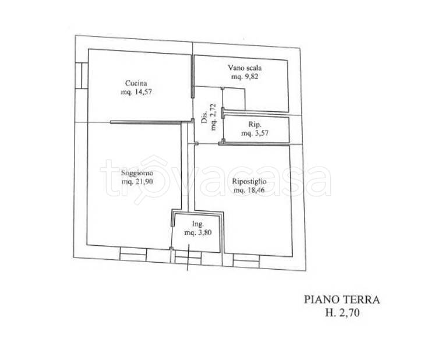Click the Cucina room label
[136, 83]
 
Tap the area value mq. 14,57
[136, 92]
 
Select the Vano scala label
[245, 68]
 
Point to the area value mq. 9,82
[245, 76]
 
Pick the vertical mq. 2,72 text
[214, 117]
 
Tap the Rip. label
[255, 124]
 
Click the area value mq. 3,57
[255, 133]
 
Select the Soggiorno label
[137, 173]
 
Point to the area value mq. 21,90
[137, 182]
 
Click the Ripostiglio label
[249, 181]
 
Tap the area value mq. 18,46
[249, 190]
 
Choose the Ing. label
[197, 224]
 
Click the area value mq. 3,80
[198, 232]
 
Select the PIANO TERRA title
[342, 300]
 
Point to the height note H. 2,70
[342, 313]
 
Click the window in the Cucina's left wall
[82, 76]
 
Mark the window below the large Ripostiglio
[246, 260]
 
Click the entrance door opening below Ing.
[188, 257]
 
